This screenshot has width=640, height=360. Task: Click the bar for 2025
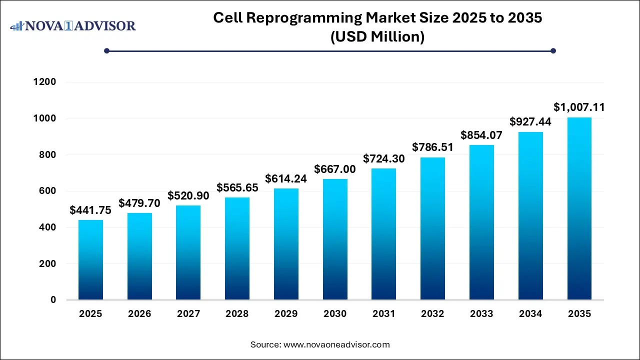click(90, 260)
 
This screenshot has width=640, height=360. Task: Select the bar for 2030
click(335, 239)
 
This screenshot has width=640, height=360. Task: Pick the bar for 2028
click(237, 248)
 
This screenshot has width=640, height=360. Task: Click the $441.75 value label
click(90, 210)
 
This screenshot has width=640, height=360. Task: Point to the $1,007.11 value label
click(579, 107)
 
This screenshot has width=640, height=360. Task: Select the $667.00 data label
click(335, 169)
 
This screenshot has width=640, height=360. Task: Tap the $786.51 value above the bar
click(432, 147)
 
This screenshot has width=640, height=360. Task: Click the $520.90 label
click(188, 195)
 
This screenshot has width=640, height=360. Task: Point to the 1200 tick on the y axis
click(45, 82)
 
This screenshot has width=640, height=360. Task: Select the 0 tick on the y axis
click(53, 300)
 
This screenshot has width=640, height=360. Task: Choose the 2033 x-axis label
click(481, 314)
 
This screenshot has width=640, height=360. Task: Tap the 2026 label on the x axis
click(139, 314)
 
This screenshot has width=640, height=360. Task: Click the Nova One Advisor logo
click(73, 25)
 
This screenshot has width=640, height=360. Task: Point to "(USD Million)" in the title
click(377, 36)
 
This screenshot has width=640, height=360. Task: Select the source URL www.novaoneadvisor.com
click(336, 344)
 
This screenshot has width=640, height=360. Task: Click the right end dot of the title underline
click(553, 50)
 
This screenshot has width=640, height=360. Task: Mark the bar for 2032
click(432, 228)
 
